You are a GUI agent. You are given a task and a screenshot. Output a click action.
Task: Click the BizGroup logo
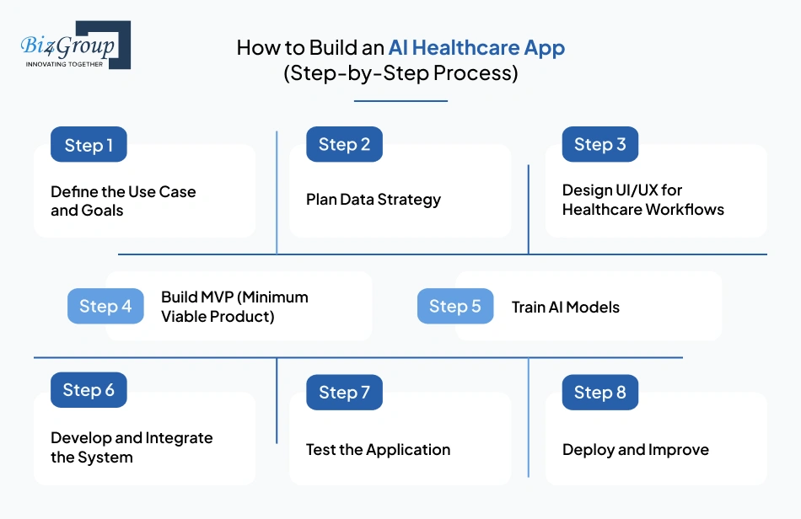(x=75, y=45)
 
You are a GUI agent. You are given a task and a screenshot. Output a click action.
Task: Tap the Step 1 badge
(x=89, y=145)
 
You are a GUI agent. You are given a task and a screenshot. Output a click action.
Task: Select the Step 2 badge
(x=344, y=144)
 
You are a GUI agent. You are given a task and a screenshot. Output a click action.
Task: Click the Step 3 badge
(x=599, y=144)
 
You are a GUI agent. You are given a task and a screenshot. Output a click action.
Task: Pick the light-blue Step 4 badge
(x=105, y=306)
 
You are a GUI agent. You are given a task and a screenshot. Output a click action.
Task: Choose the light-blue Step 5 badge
(x=455, y=306)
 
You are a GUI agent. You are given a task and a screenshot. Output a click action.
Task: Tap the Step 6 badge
(x=89, y=390)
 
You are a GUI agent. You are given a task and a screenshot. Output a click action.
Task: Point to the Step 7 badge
(x=344, y=392)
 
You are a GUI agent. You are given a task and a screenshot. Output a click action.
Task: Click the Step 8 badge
(x=599, y=392)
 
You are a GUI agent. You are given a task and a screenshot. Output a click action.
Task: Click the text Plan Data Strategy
(x=374, y=200)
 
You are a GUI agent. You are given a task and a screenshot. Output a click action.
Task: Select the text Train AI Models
(x=565, y=308)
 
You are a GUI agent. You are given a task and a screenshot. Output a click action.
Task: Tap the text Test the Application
(x=378, y=449)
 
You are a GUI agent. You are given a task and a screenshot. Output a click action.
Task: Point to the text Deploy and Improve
(x=635, y=449)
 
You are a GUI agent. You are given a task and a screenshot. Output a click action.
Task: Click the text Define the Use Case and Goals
(x=123, y=201)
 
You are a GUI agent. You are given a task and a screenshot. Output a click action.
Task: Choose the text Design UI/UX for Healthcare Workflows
(x=642, y=200)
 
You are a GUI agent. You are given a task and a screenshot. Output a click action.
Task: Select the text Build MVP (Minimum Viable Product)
(x=234, y=307)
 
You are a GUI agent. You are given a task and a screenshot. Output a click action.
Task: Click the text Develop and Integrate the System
(x=132, y=447)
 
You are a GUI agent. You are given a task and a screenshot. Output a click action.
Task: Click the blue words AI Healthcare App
(x=476, y=47)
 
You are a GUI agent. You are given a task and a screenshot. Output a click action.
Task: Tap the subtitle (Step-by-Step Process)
(x=400, y=73)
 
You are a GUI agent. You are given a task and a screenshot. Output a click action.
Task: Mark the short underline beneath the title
(x=400, y=101)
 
